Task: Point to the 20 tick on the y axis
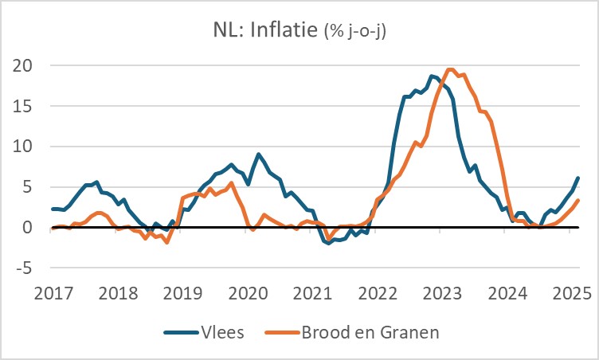coord(29,65)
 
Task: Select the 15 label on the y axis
coord(29,106)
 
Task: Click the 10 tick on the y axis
coord(29,147)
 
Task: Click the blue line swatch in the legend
coord(182,331)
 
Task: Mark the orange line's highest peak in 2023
coord(450,69)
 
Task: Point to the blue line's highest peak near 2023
coord(432,76)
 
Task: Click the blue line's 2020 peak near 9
coord(259,154)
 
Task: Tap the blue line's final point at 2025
coord(577,178)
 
